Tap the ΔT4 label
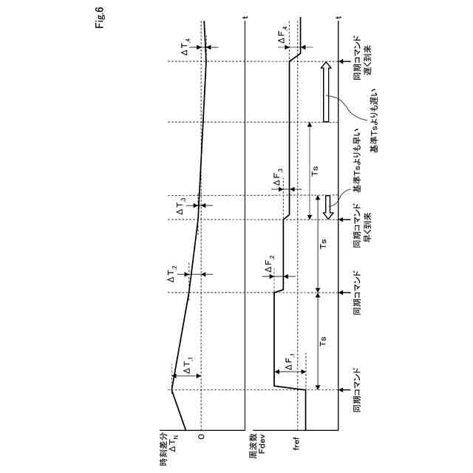tap(186, 49)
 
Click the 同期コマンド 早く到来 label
tap(362, 225)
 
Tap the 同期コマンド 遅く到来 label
tap(362, 61)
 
